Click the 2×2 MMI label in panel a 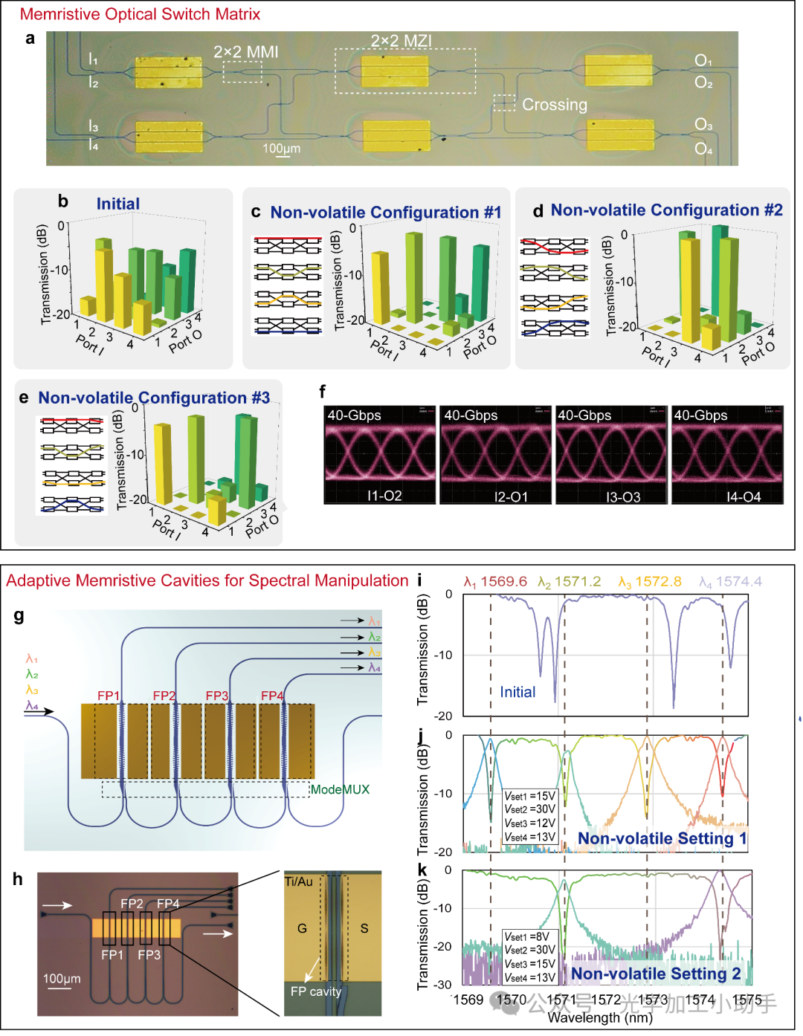click(x=245, y=52)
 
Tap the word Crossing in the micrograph click(x=555, y=105)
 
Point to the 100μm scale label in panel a click(x=282, y=149)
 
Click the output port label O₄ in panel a click(x=703, y=149)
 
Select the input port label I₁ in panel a click(x=93, y=59)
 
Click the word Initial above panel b click(x=117, y=204)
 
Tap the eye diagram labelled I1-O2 click(x=380, y=455)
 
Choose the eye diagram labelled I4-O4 click(x=727, y=455)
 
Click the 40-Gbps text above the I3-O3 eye click(x=584, y=415)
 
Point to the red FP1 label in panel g click(x=109, y=696)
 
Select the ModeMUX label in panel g click(x=340, y=789)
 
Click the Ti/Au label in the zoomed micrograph click(x=299, y=881)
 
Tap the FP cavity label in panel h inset click(x=316, y=991)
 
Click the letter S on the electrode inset click(x=364, y=928)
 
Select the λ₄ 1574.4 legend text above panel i click(x=730, y=582)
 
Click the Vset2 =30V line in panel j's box click(x=530, y=809)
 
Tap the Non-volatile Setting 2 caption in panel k click(x=656, y=974)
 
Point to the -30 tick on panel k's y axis click(x=442, y=985)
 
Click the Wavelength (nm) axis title click(x=600, y=1018)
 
